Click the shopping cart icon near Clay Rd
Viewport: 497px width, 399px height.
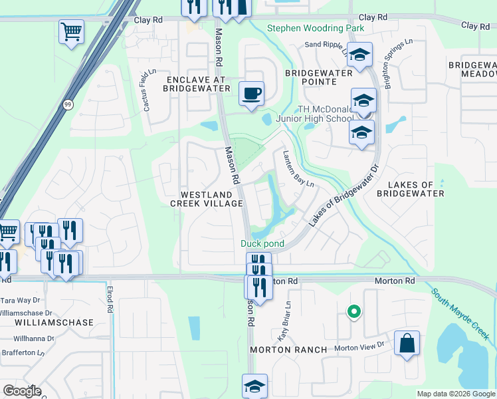click(x=71, y=31)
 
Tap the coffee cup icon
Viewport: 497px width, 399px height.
click(x=251, y=94)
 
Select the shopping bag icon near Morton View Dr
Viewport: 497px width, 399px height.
click(x=407, y=344)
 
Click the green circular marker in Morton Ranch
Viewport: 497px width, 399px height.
click(x=354, y=311)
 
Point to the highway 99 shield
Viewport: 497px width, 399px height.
click(x=68, y=104)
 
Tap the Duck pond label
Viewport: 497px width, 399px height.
click(x=262, y=244)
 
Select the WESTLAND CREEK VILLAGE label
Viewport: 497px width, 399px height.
click(x=206, y=199)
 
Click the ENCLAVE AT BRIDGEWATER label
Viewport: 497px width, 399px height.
click(x=195, y=84)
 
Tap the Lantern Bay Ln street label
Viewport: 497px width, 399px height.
click(x=298, y=169)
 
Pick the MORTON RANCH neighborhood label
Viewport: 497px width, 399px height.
click(x=288, y=350)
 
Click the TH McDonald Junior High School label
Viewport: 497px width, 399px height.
click(x=326, y=114)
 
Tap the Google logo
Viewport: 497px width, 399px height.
click(x=22, y=391)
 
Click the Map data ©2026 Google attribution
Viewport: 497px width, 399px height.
click(x=455, y=394)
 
